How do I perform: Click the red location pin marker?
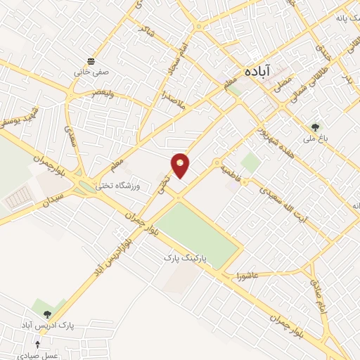pos(181,165)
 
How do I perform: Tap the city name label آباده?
pos(261,72)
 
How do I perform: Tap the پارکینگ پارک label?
pos(186,258)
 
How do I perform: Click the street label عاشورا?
pos(250,272)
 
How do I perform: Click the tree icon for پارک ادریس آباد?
pos(47,315)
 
